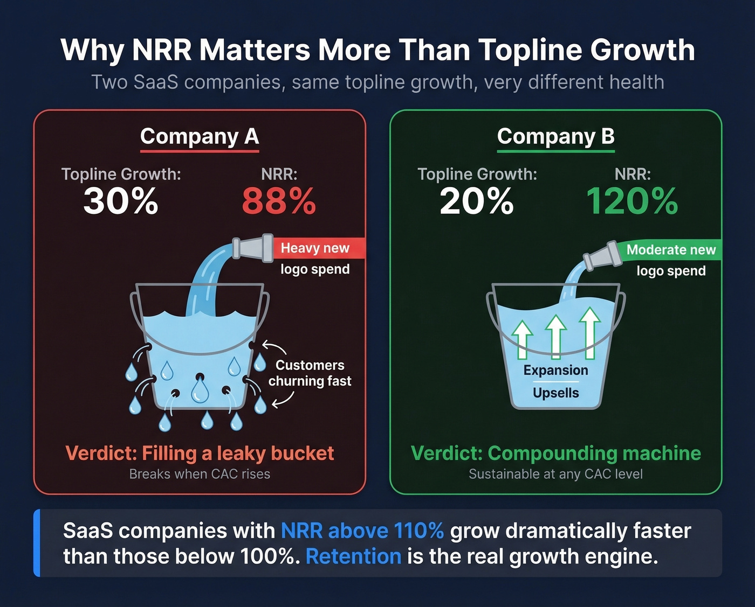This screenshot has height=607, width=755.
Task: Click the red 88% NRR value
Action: [278, 201]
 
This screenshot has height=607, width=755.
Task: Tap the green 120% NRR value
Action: [632, 201]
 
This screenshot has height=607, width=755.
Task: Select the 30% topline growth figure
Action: [121, 201]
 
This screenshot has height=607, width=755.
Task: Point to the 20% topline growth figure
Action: [477, 201]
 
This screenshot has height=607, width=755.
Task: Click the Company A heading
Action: [200, 136]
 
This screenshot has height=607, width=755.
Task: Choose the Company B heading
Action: [555, 136]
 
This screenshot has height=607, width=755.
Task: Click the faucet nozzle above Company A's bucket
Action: [253, 248]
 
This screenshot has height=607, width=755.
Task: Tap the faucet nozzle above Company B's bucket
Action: [603, 256]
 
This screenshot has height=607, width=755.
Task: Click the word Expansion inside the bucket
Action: [555, 371]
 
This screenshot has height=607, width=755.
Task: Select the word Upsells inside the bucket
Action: [555, 393]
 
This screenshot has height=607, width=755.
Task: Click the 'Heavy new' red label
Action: [315, 248]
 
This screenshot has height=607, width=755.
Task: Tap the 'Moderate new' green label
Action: [671, 250]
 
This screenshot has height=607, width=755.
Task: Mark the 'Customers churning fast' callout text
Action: [310, 373]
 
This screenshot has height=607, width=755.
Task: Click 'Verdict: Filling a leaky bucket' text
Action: [200, 453]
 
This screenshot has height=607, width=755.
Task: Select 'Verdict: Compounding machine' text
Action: [555, 453]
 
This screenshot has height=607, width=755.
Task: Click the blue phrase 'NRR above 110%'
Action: [362, 531]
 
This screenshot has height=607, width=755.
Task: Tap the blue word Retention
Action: [353, 556]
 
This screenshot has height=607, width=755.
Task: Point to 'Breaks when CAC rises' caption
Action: [200, 474]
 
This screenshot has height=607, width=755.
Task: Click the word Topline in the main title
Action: [529, 50]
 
